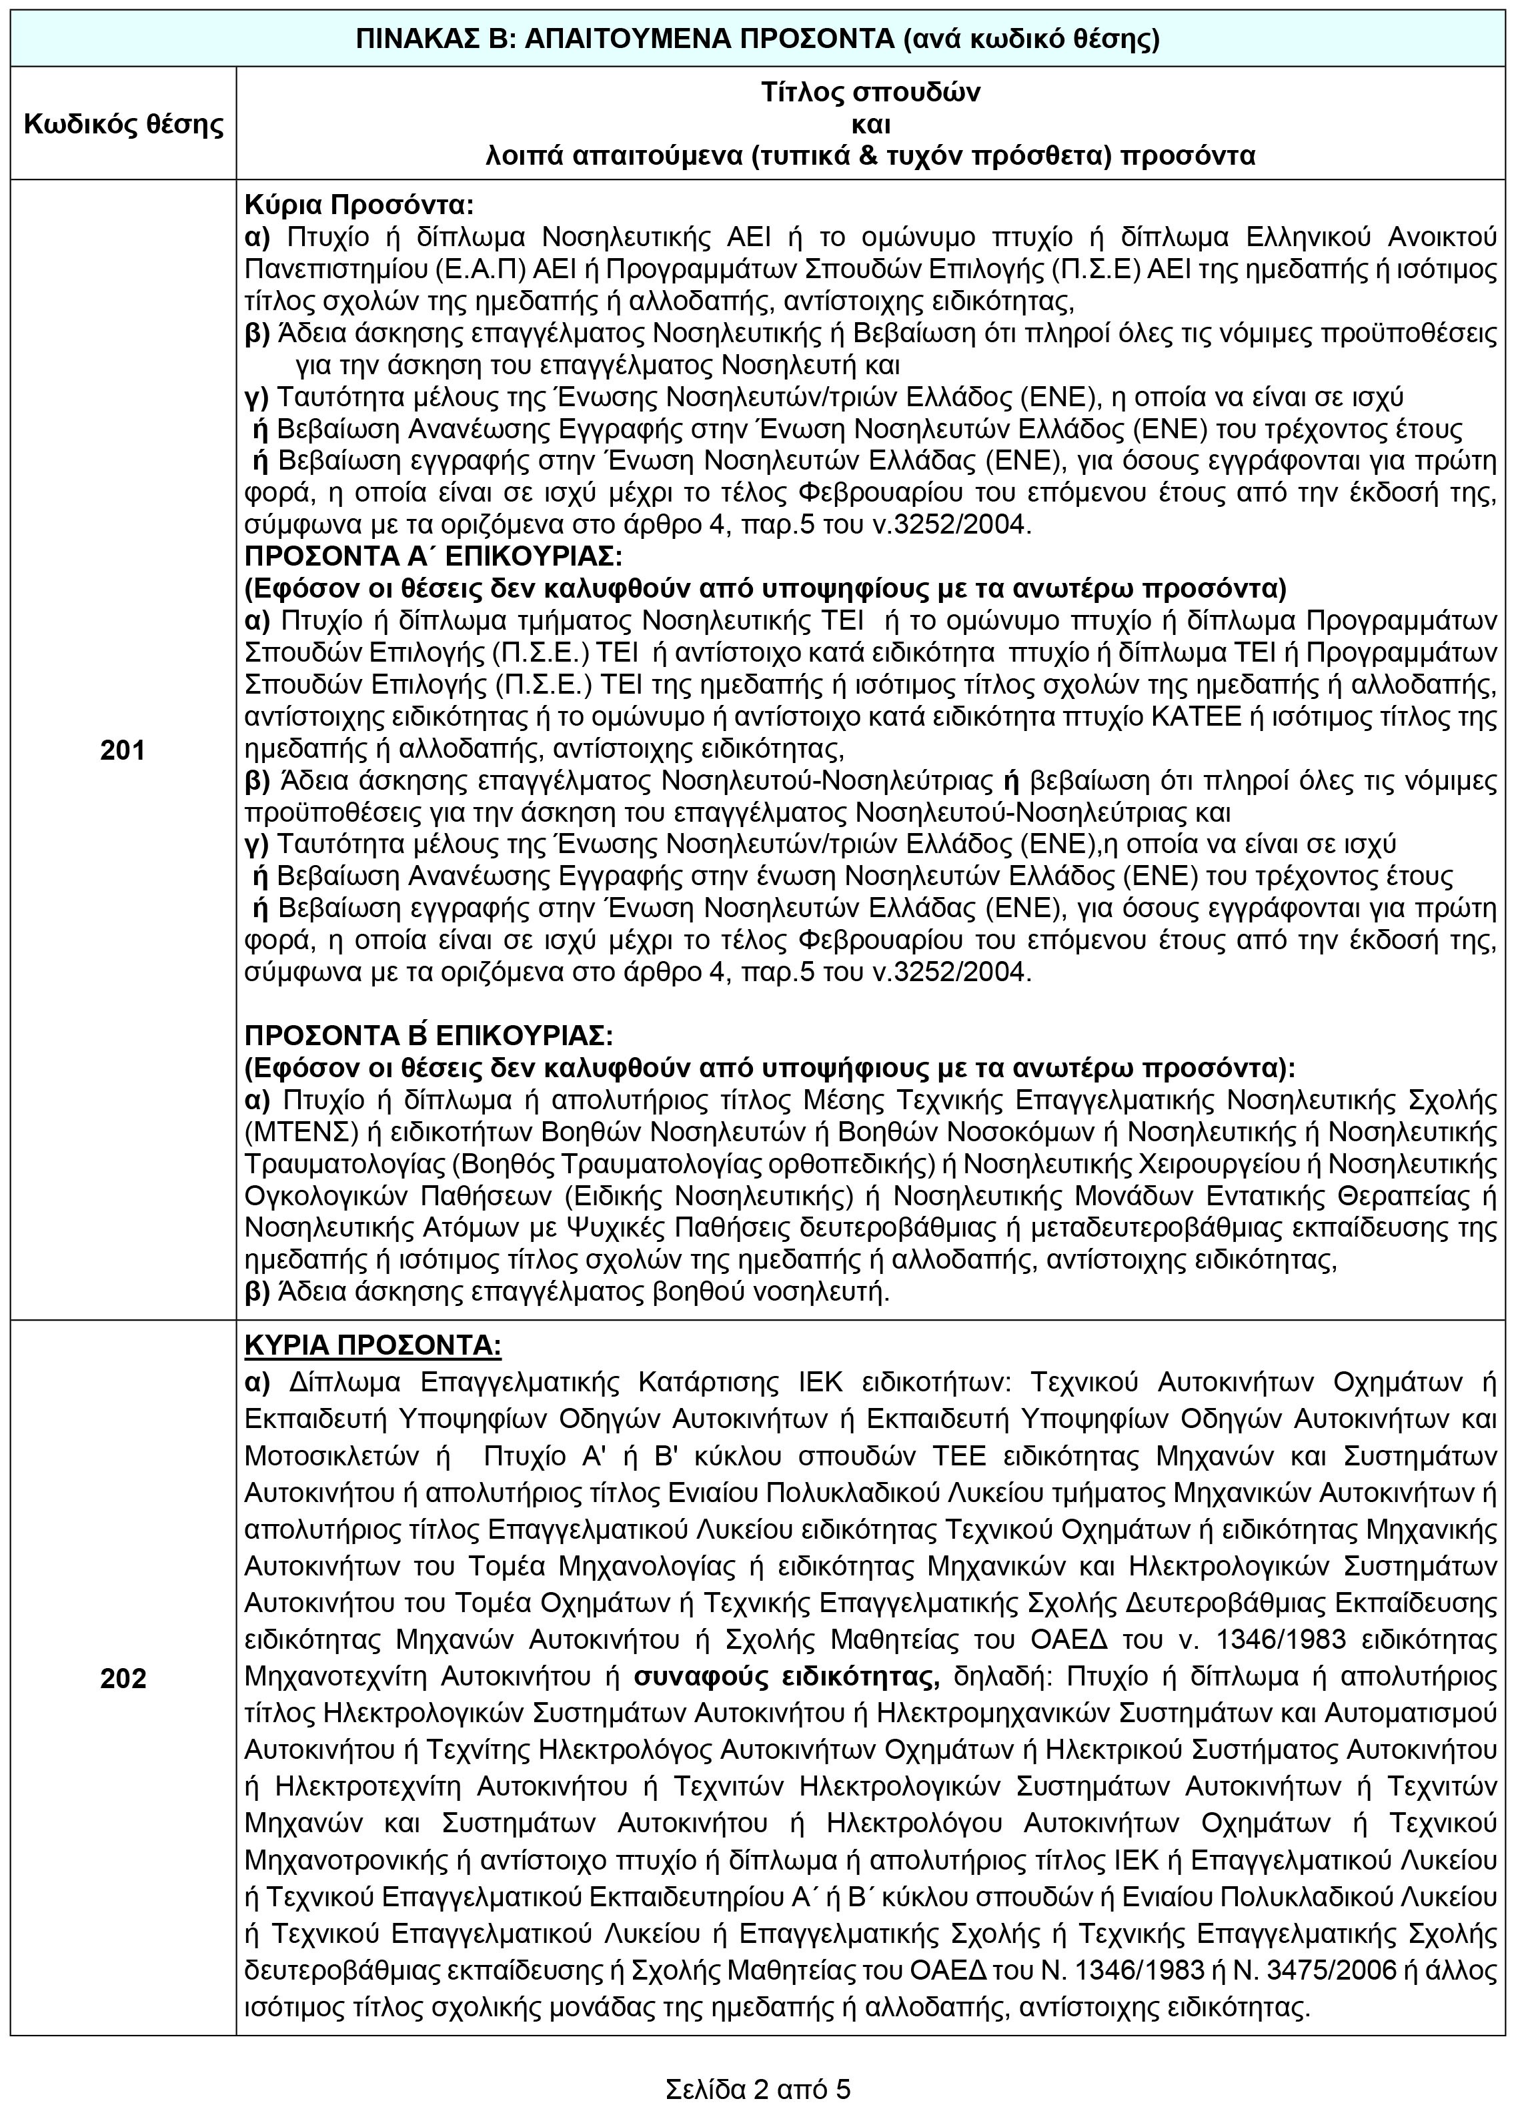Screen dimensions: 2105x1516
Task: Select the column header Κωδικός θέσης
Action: pyautogui.click(x=123, y=123)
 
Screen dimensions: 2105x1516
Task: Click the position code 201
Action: pyautogui.click(x=123, y=750)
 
